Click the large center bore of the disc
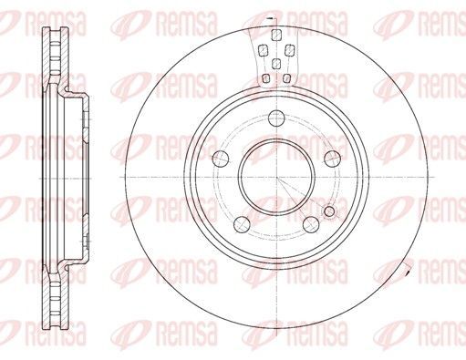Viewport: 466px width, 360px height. (276, 178)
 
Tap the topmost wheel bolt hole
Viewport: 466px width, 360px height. (276, 118)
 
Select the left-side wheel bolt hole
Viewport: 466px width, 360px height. (221, 159)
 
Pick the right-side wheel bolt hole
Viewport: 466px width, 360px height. (332, 159)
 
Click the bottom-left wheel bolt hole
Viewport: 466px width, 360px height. (242, 224)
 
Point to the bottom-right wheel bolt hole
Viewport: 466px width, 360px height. (311, 224)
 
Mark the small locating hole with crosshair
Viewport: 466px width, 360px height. (329, 211)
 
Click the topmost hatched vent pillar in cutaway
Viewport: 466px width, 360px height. (275, 35)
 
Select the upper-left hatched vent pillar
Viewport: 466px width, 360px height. (262, 50)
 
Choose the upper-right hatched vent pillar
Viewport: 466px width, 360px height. (289, 50)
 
